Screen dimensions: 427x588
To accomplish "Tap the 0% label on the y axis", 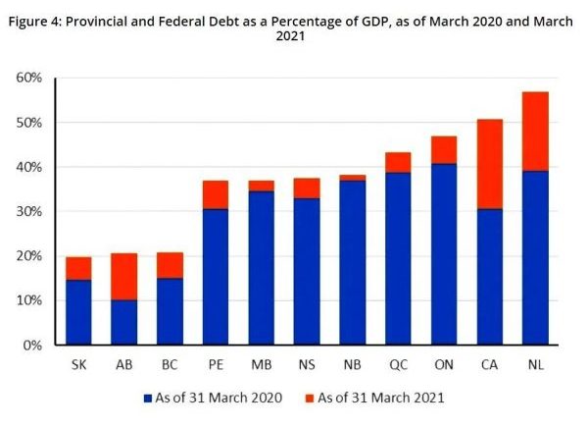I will pos(32,346).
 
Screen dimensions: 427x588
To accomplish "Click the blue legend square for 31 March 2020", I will pos(148,398).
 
